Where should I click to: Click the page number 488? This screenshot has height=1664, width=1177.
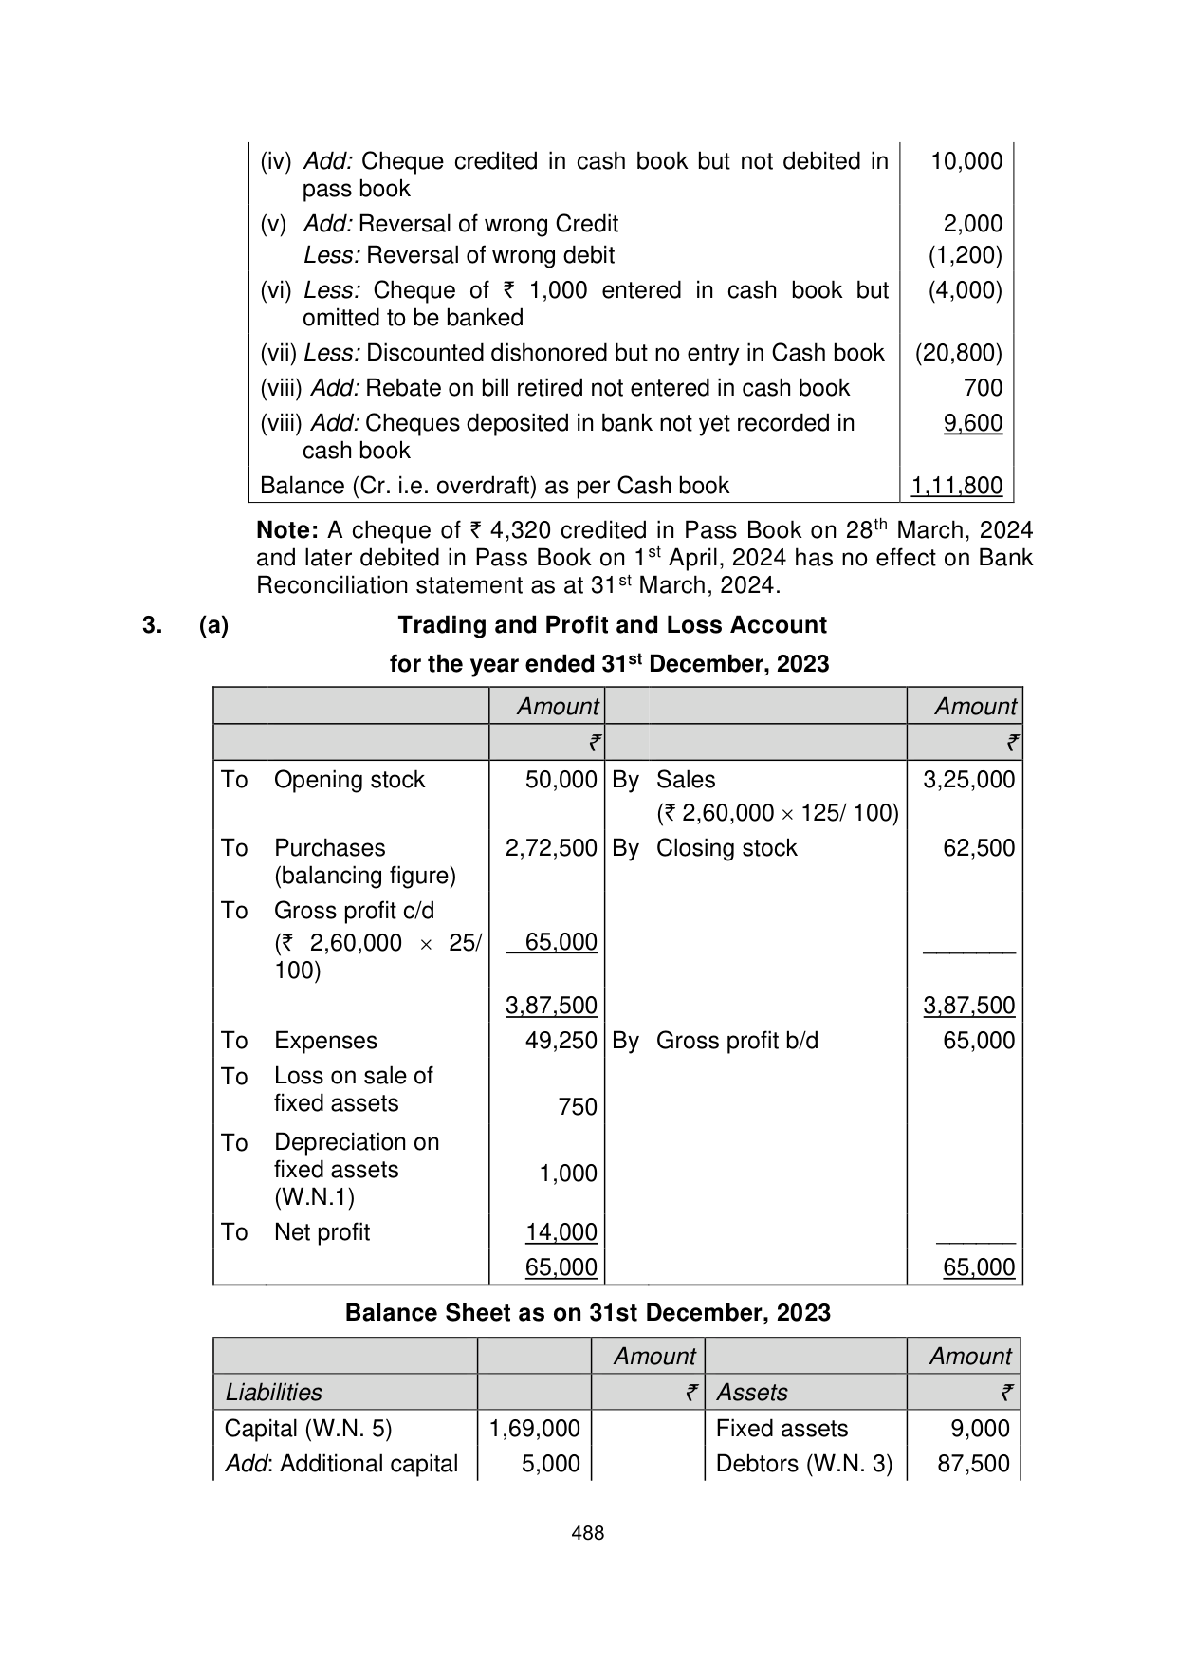coord(588,1532)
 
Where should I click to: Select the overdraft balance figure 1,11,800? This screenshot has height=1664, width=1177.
coord(956,486)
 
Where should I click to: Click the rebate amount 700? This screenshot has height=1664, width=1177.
coord(983,387)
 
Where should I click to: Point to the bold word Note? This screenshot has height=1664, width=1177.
coord(287,529)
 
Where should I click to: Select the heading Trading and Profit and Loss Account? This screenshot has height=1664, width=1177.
coord(612,625)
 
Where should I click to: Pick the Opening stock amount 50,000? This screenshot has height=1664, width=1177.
coord(561,780)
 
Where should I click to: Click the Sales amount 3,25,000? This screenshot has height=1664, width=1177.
coord(968,780)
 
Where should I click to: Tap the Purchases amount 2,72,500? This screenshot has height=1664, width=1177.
coord(551,848)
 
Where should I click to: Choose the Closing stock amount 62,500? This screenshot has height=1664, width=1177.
coord(979,848)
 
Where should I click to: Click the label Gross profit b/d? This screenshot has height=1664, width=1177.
coord(737,1041)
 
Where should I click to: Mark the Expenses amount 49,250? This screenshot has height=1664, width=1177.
coord(561,1041)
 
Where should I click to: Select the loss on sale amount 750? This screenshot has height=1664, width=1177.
coord(578,1107)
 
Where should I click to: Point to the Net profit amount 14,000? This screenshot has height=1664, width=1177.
coord(561,1232)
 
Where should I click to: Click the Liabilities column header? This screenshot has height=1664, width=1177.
coord(274,1393)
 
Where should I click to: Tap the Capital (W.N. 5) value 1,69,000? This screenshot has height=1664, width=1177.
coord(534,1429)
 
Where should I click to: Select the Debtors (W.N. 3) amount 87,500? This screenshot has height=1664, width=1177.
coord(973,1464)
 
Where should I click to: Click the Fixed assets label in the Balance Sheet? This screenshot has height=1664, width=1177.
coord(782,1429)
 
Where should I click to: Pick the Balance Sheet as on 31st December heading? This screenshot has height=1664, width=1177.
coord(588,1313)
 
